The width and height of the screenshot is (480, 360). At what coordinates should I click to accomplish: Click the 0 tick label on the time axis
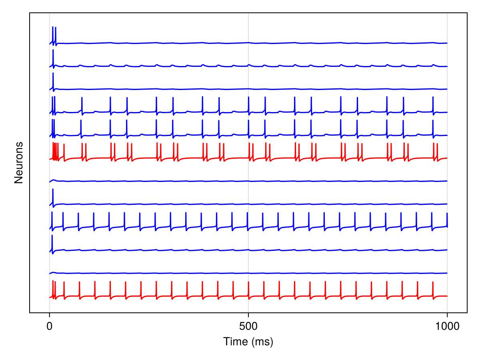[x=49, y=326]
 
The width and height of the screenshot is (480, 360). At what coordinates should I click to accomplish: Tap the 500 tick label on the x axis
[x=248, y=326]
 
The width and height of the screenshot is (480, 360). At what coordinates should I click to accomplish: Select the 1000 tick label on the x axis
[x=447, y=326]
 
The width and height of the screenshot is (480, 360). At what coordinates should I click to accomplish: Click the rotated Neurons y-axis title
[x=18, y=163]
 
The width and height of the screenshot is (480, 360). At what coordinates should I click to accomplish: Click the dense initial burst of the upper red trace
[x=55, y=151]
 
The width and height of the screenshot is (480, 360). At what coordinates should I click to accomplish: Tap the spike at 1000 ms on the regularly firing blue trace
[x=447, y=220]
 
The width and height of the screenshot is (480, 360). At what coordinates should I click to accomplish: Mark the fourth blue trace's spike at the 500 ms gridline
[x=248, y=105]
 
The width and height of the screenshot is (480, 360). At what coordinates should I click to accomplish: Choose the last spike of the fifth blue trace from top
[x=433, y=128]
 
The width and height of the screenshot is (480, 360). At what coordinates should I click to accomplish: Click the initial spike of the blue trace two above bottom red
[x=52, y=243]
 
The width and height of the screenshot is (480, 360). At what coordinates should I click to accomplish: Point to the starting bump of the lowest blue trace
[x=53, y=272]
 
